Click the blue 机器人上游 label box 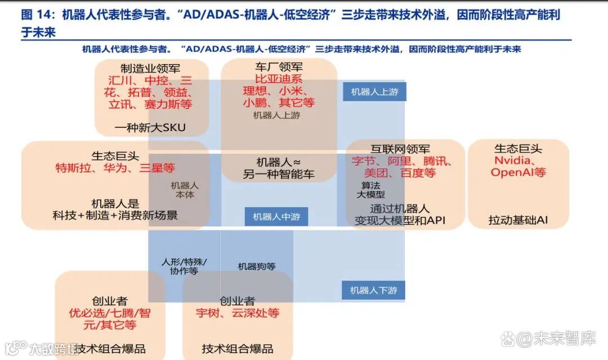(374, 92)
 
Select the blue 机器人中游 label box (276, 217)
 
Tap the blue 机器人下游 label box (373, 290)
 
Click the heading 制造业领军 (150, 69)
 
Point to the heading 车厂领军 (279, 67)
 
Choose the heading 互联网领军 (400, 149)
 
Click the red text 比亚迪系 (279, 79)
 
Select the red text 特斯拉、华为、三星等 (115, 168)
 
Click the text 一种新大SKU (150, 128)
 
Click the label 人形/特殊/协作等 (184, 266)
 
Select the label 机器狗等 (257, 267)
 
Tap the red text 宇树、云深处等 (238, 313)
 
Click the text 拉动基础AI (518, 220)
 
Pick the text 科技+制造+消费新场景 (115, 215)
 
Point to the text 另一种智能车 (279, 174)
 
